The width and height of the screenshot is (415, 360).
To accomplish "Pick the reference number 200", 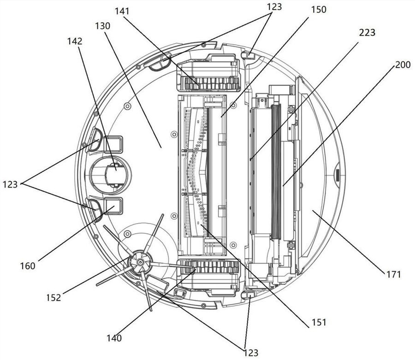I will pyautogui.click(x=403, y=65).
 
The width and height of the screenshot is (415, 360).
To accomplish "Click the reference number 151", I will pyautogui.click(x=317, y=322).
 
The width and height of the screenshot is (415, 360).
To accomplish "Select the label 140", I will pyautogui.click(x=113, y=338).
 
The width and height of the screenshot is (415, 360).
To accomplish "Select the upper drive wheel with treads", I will pyautogui.click(x=210, y=83).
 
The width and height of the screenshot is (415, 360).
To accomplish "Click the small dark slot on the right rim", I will pyautogui.click(x=336, y=175).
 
